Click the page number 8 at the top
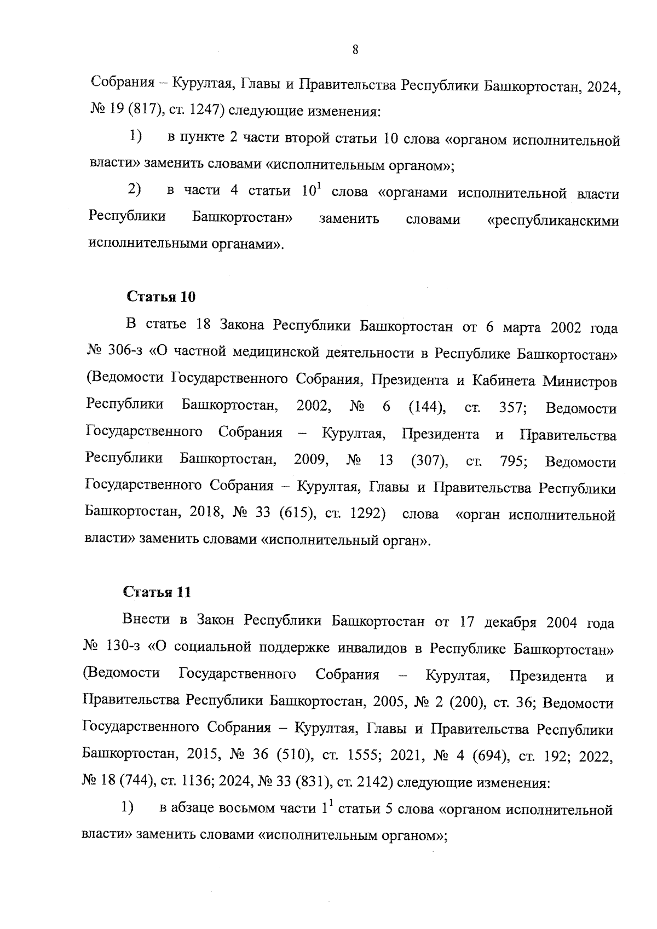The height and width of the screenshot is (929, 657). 355,50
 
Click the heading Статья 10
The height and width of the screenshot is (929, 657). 161,297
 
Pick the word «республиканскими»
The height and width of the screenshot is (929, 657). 552,221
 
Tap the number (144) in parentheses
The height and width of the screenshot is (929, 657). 427,407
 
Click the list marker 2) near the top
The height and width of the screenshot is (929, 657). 134,191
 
